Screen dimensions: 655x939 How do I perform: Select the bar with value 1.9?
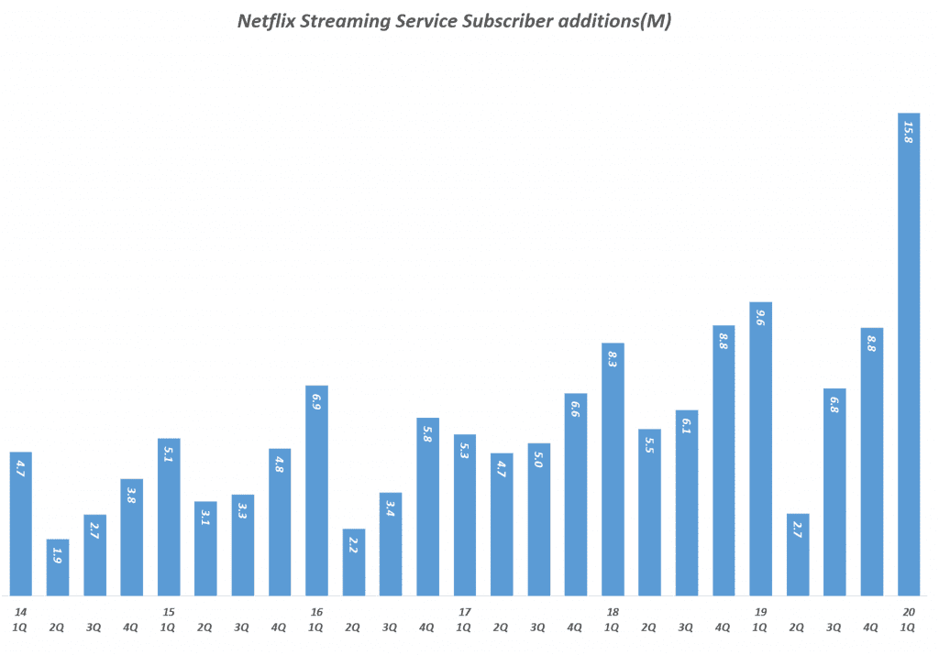(58, 568)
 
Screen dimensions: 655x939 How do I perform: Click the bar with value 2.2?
(354, 563)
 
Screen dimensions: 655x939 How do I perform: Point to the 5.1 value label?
(169, 453)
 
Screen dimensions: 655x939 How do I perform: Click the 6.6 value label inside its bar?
(576, 409)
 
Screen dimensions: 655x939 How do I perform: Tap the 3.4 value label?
(391, 508)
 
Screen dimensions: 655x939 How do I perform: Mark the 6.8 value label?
(834, 404)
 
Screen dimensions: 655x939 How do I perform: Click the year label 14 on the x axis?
(20, 612)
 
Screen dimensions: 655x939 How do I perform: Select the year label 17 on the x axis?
(464, 612)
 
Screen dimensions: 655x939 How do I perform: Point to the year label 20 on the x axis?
(908, 612)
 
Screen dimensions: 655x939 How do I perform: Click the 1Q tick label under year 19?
(760, 628)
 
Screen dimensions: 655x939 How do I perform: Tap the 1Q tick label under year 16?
(316, 628)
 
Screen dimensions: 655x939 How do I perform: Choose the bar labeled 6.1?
(687, 504)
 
